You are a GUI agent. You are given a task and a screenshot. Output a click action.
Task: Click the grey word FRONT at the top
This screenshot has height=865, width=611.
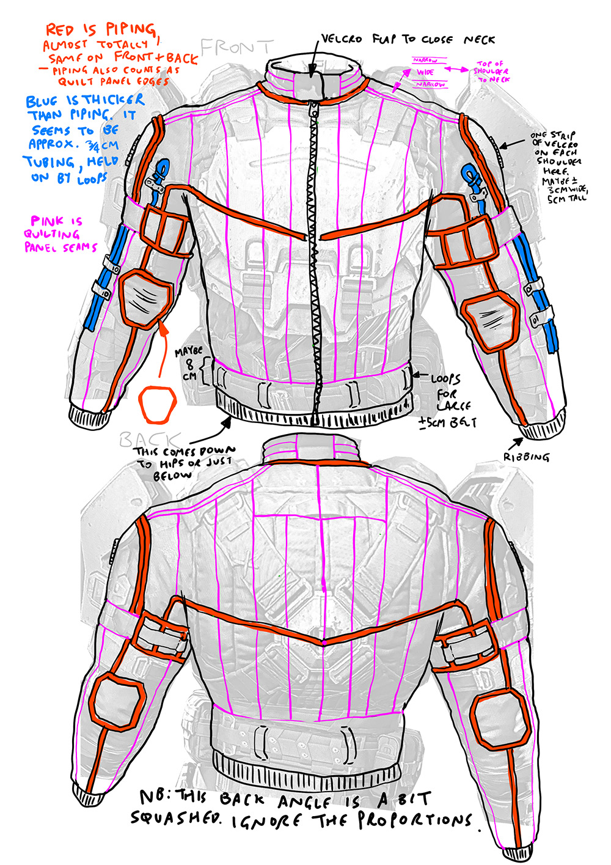coord(237,46)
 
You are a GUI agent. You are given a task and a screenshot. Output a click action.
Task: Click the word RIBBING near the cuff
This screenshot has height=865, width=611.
coord(527,457)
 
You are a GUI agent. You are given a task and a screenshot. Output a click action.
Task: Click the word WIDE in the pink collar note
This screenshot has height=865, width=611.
coord(425,72)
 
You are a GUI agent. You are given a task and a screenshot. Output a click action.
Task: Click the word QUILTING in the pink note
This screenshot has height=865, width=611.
coord(53,234)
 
